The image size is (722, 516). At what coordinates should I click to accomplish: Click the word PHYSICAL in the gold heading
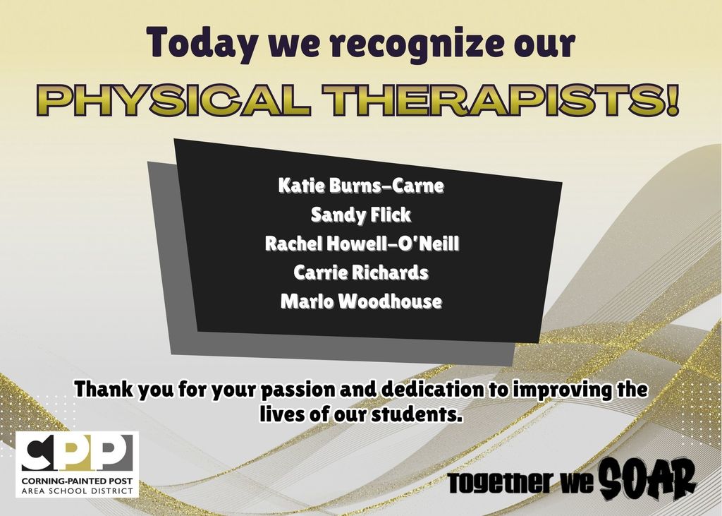tap(173, 102)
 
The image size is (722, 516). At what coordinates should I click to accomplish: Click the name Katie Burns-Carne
tap(361, 186)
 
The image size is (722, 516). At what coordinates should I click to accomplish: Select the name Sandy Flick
tap(361, 215)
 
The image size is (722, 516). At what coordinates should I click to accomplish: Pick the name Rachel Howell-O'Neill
tap(362, 244)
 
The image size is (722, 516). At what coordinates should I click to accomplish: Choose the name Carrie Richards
tap(361, 272)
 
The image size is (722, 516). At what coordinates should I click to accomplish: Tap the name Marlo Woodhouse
tap(361, 301)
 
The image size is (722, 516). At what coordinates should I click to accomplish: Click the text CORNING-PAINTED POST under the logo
tap(76, 481)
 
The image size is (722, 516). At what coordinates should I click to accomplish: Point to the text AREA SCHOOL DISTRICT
tap(76, 490)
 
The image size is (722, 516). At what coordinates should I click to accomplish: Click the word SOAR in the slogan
tap(647, 479)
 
